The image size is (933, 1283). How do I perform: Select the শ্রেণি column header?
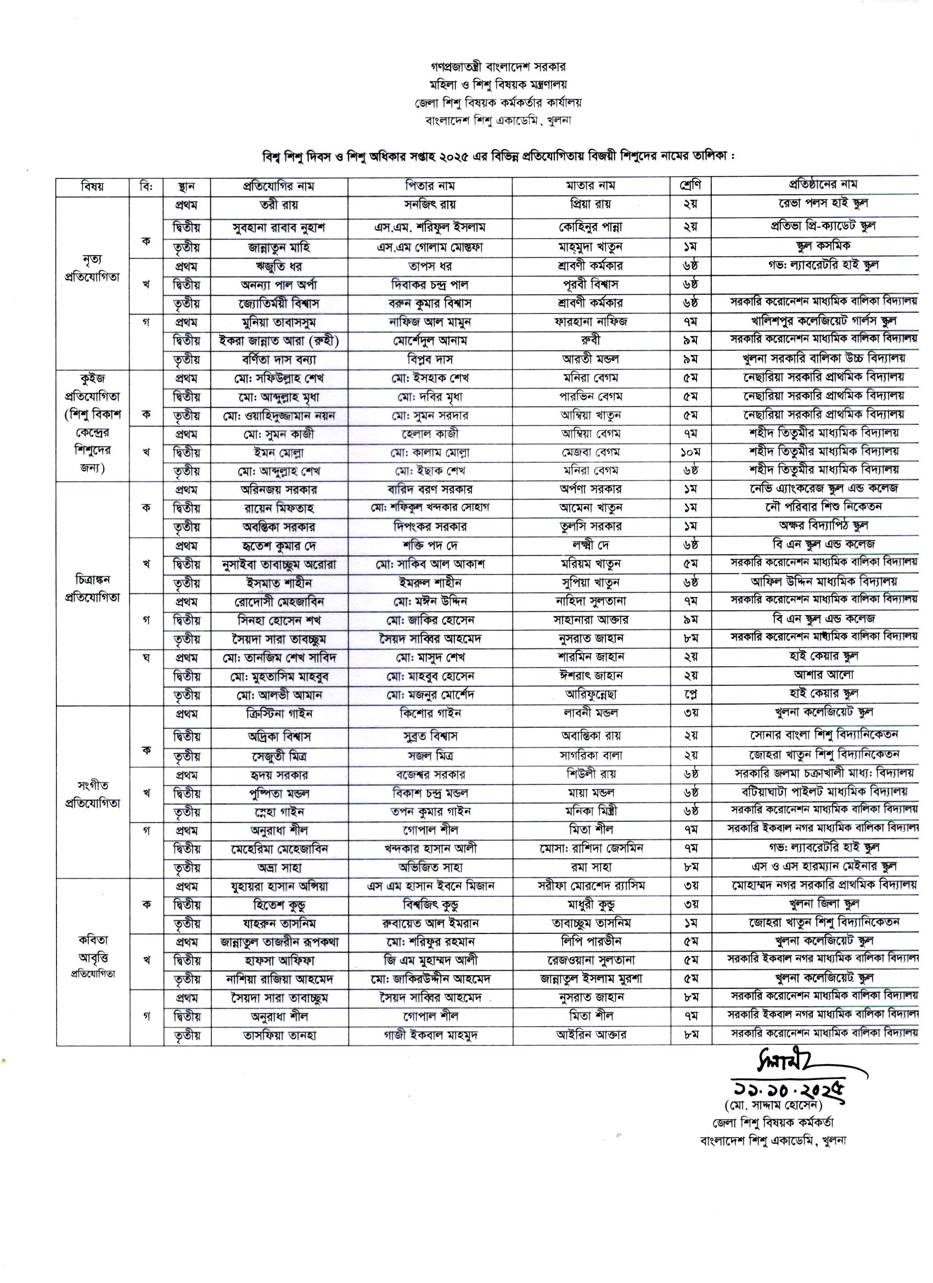point(690,185)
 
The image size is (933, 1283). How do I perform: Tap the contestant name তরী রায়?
point(279,204)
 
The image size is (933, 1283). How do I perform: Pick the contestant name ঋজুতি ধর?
point(279,266)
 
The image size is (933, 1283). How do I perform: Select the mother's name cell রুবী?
point(591,341)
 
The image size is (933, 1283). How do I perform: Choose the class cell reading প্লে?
point(690,694)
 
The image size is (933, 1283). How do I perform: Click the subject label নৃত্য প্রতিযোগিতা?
point(92,268)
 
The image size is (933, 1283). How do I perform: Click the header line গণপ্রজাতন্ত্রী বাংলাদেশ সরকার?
point(497,67)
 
